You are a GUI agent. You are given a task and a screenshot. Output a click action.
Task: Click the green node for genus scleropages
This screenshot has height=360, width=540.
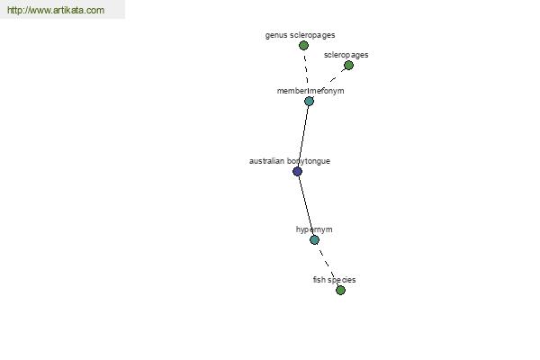coord(303,45)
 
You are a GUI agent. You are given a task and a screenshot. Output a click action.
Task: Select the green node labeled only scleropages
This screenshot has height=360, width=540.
coord(348,65)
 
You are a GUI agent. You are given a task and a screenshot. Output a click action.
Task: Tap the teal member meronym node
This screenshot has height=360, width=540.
coord(309,101)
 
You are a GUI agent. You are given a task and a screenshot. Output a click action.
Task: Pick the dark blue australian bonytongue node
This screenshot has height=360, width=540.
coord(297,171)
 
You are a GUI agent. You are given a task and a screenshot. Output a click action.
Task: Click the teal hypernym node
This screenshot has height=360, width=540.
coord(314,239)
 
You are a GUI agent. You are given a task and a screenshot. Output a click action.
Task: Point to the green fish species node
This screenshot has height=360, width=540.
coord(340,290)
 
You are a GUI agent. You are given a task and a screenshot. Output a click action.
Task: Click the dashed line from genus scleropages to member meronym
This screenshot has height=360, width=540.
coord(306,70)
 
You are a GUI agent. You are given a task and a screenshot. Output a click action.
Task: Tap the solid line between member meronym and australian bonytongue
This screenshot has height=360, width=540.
coord(303,136)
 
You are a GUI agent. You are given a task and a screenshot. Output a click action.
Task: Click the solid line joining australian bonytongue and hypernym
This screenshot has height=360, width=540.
coord(306,206)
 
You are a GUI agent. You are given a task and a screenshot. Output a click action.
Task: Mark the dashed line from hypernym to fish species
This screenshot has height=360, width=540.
coord(328,265)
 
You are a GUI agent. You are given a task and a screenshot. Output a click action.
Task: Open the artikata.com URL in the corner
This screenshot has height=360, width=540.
coord(56,10)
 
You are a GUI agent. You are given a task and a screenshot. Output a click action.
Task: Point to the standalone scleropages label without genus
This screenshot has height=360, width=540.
coord(346,55)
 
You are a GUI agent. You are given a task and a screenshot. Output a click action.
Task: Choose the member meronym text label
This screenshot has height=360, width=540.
coord(310,91)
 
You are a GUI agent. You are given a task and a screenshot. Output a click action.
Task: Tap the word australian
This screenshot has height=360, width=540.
coord(266,161)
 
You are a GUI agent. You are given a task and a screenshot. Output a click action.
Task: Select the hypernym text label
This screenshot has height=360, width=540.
coord(314,229)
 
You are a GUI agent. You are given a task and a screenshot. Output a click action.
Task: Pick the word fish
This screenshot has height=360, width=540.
coord(319,279)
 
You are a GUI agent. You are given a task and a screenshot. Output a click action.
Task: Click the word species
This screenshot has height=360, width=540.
coord(342,280)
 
